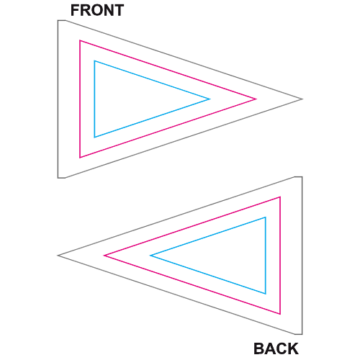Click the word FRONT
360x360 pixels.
coord(97,10)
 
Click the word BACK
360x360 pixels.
coord(276,348)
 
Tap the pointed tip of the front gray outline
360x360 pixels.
coord(302,99)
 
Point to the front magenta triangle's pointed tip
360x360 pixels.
coord(256,99)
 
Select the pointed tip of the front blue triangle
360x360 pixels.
coord(210,99)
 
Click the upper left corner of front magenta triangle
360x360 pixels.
coord(80,40)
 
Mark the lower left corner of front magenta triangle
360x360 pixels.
coord(80,158)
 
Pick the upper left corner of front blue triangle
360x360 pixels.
coord(94,61)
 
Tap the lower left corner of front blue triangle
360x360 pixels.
coord(94,137)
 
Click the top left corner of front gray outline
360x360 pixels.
coord(58,20)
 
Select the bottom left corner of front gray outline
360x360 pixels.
coord(58,178)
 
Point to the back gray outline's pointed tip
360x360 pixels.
coord(58,256)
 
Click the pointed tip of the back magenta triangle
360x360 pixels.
coord(104,256)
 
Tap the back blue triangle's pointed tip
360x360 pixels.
coord(150,256)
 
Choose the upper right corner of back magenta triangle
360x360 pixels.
coord(280,197)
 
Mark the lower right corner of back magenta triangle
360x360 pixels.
coord(280,314)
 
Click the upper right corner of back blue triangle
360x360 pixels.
coord(266,217)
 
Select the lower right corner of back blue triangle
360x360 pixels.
coord(266,293)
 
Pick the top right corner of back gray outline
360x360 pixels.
coord(302,177)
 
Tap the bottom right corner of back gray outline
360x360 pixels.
coord(302,334)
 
